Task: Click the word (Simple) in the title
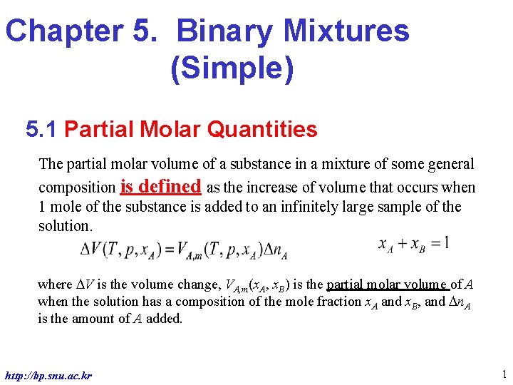232,70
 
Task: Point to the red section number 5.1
44,130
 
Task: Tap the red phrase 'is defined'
161,187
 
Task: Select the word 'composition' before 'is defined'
78,188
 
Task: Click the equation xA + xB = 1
413,243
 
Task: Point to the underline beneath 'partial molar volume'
388,290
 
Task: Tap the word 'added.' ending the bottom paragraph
165,319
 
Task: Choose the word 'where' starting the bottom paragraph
55,284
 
